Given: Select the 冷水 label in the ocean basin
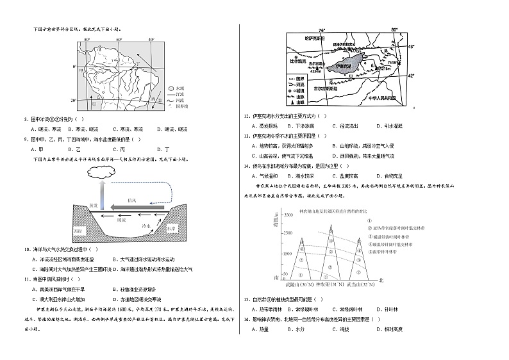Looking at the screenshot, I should pyautogui.click(x=146, y=226).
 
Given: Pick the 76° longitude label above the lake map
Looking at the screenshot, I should pyautogui.click(x=322, y=30).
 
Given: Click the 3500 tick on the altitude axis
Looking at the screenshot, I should pyautogui.click(x=288, y=214).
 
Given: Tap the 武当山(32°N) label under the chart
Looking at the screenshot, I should pyautogui.click(x=367, y=283).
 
